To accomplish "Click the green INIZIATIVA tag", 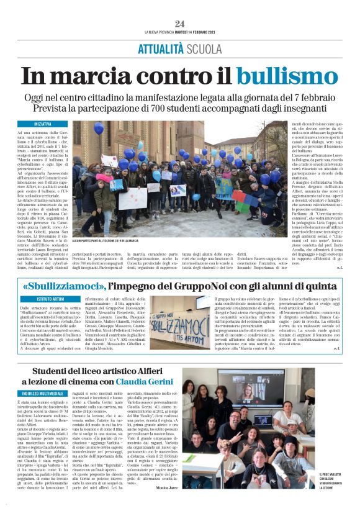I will [x=43, y=124].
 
